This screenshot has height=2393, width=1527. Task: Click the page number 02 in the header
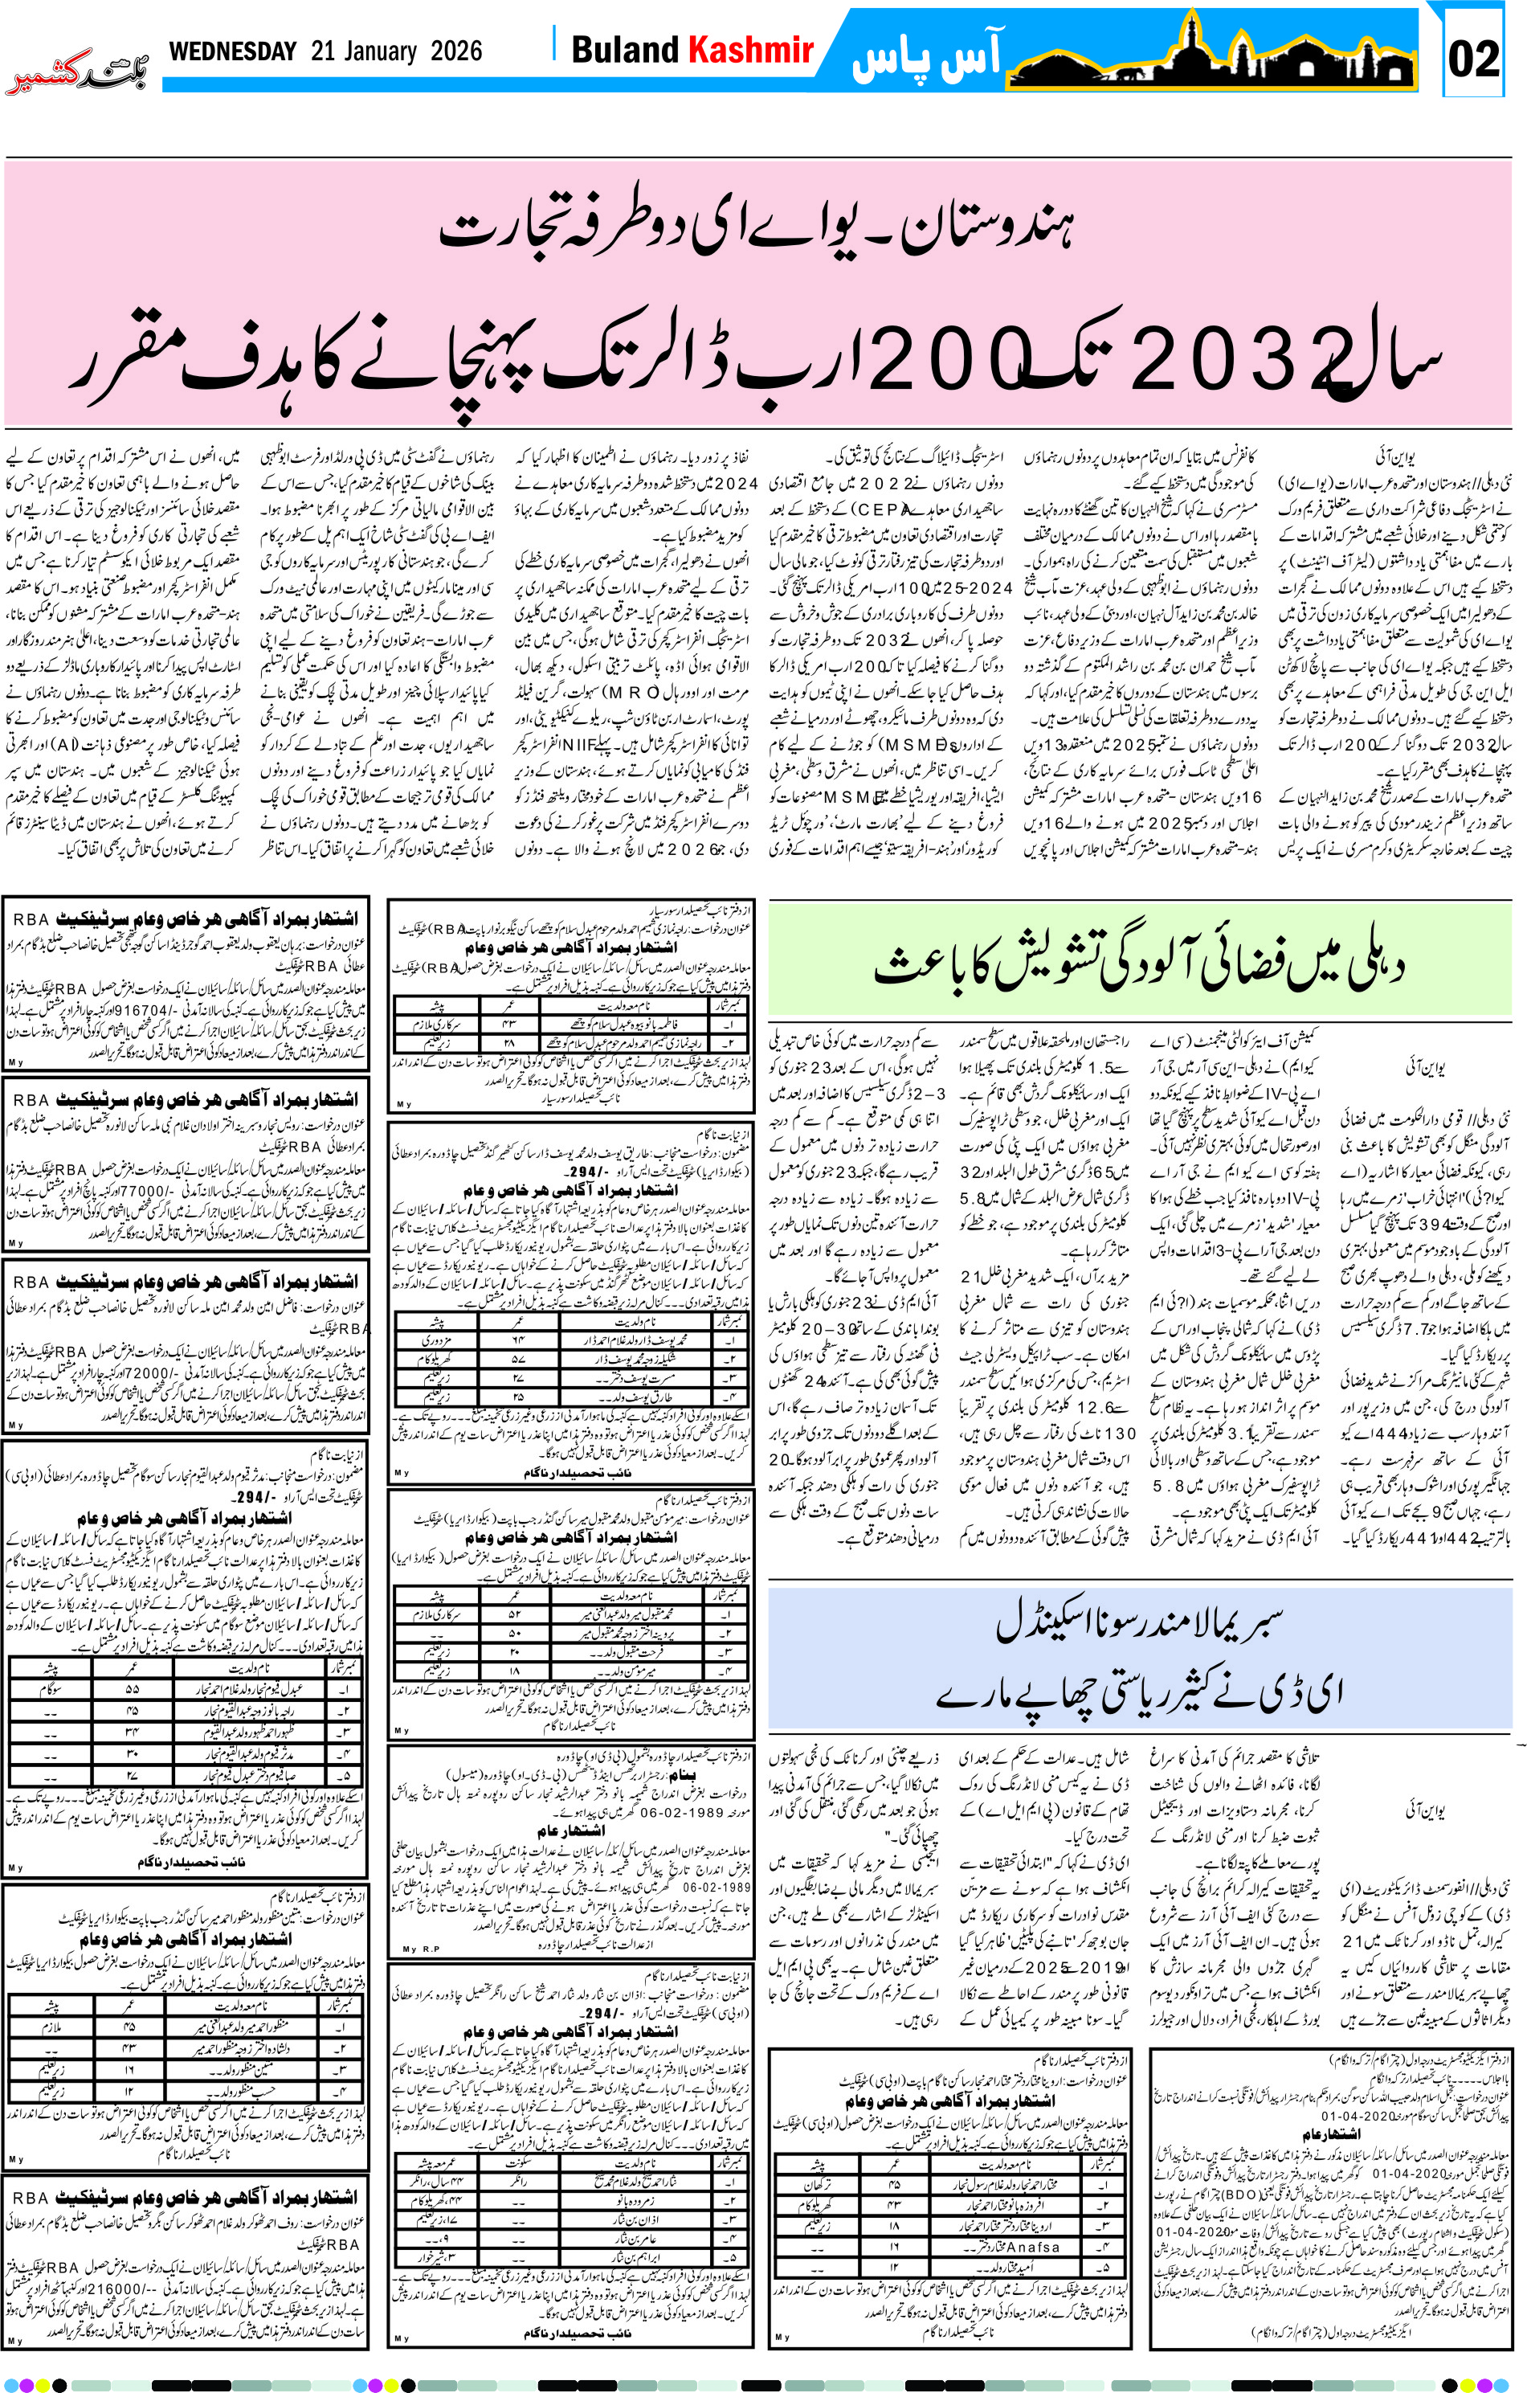click(1472, 59)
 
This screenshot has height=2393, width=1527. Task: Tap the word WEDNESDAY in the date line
click(232, 51)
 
